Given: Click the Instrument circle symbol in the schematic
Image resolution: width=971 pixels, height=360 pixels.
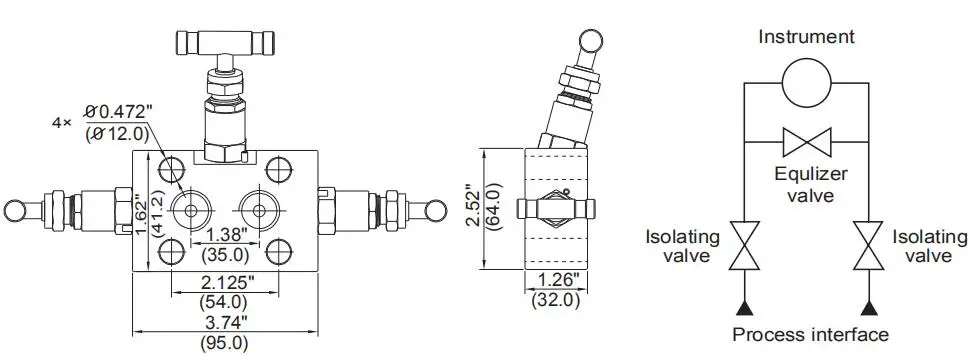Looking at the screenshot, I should [806, 82].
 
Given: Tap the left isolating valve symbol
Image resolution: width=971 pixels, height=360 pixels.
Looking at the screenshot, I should [741, 246].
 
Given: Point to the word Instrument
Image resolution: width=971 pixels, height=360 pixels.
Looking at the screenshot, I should [806, 37].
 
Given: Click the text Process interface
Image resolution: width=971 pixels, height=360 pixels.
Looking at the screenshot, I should [810, 334].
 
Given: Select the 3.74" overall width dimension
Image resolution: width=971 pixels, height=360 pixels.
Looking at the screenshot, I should [226, 322].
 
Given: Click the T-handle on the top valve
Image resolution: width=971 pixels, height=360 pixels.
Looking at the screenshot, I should [226, 42].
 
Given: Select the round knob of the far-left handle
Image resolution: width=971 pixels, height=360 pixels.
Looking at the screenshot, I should [16, 210].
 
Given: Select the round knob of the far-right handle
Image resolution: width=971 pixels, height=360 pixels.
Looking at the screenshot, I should [437, 210].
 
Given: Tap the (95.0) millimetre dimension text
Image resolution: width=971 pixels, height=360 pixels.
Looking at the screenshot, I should [226, 343].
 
